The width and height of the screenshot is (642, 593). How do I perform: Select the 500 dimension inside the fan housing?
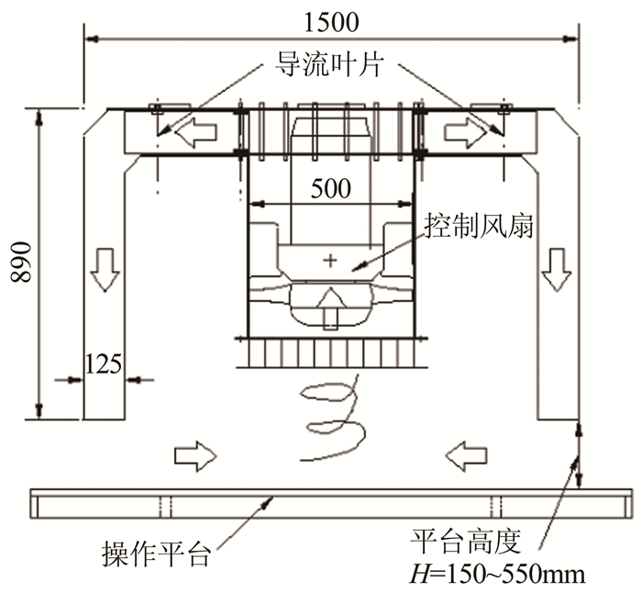pyautogui.click(x=330, y=189)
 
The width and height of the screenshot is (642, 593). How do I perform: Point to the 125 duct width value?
pyautogui.click(x=103, y=363)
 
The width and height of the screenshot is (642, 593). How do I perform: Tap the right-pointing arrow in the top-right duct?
pyautogui.click(x=464, y=134)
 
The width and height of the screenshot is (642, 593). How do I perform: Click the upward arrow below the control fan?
pyautogui.click(x=330, y=309)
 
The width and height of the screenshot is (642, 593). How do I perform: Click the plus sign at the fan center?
pyautogui.click(x=330, y=263)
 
